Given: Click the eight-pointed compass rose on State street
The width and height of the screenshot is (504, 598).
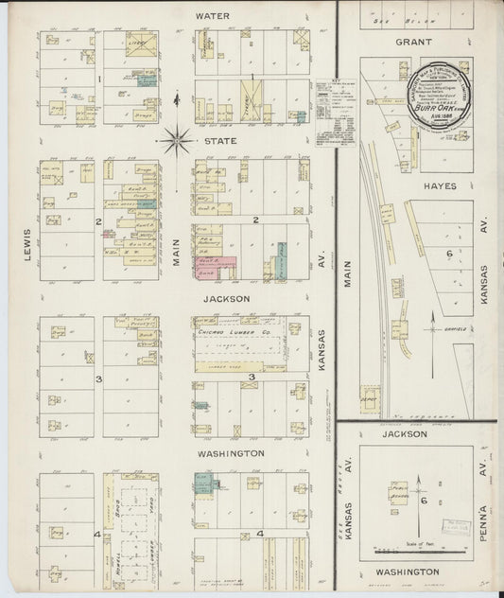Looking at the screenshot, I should [176, 143].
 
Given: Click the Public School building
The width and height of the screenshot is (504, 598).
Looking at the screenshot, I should [400, 493].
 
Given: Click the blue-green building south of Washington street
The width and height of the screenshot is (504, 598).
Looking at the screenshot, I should [203, 484].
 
